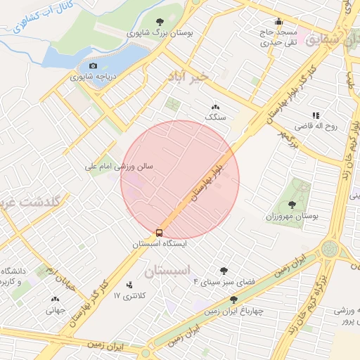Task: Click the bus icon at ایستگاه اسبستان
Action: tap(160, 232)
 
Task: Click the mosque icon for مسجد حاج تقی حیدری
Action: tap(279, 21)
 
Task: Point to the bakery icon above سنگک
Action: tap(214, 106)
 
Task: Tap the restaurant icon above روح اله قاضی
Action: tap(316, 115)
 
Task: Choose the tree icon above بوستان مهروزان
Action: tap(292, 205)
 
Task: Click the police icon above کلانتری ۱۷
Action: tap(129, 285)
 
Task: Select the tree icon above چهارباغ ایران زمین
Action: tap(233, 300)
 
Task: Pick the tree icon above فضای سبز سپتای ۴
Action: tap(224, 270)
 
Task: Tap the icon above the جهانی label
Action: tap(55, 298)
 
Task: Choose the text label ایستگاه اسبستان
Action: tap(160, 244)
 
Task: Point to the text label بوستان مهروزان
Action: tap(294, 217)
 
